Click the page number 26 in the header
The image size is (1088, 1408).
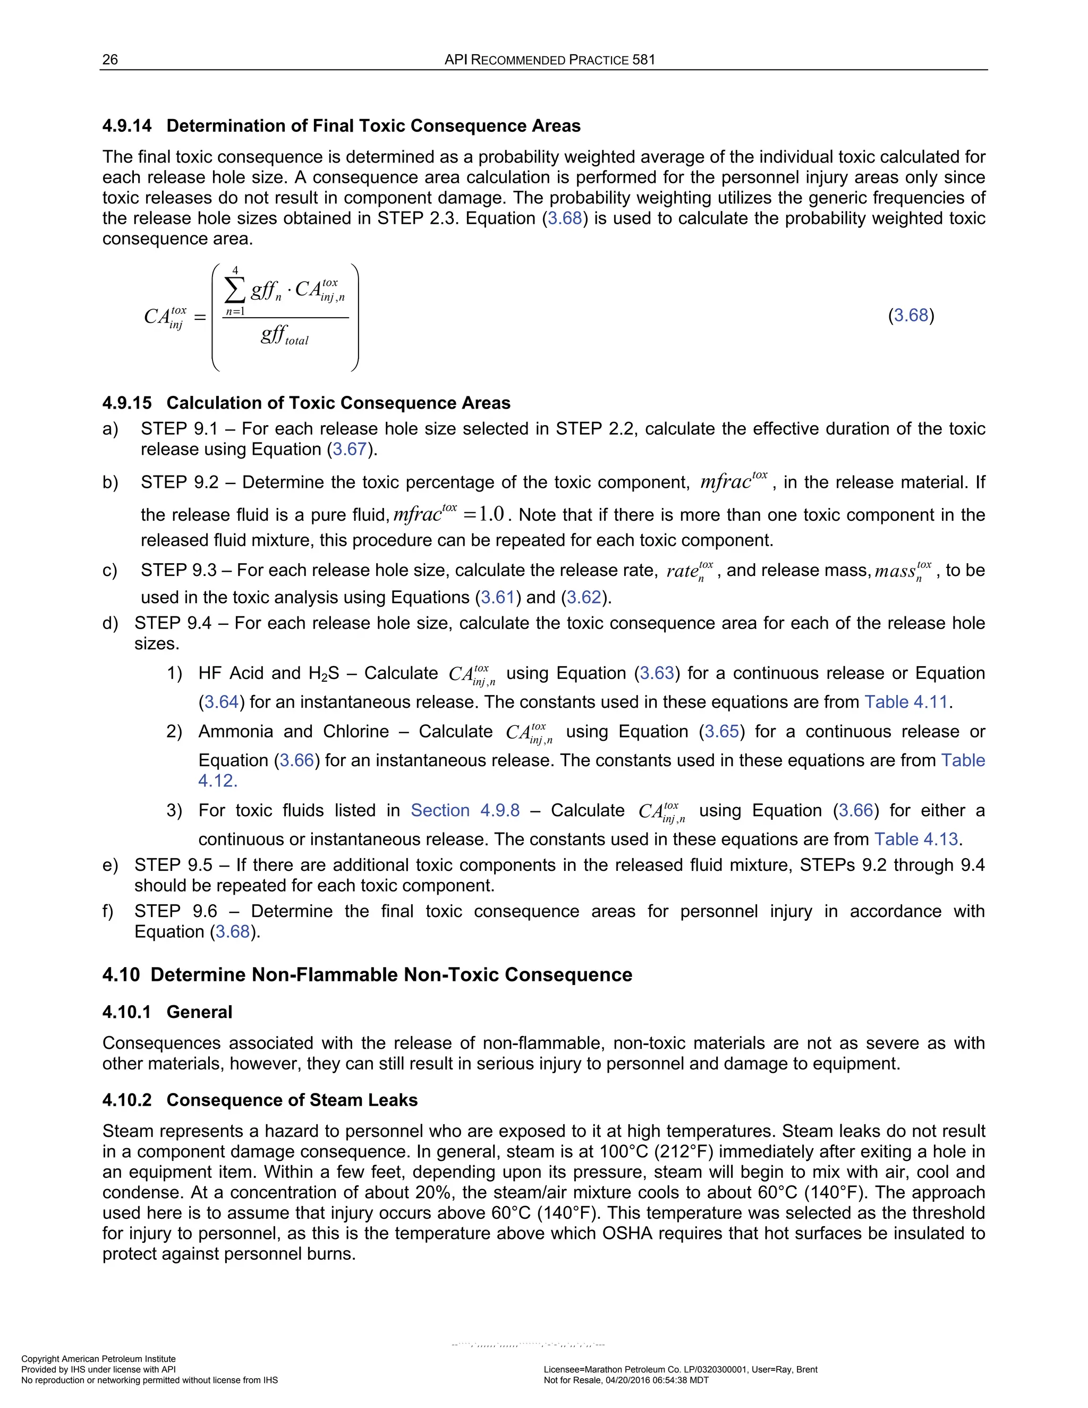coord(110,60)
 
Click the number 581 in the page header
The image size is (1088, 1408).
coord(643,60)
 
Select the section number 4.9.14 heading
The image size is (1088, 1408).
coord(127,126)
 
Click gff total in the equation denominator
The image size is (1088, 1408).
coord(284,335)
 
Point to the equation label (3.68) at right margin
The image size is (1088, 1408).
coord(911,315)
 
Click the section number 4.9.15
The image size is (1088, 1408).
coord(127,403)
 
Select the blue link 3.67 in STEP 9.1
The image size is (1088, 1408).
coord(350,449)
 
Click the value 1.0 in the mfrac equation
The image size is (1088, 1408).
coord(491,514)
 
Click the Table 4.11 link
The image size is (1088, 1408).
coord(906,701)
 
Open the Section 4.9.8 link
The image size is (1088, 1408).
coord(465,810)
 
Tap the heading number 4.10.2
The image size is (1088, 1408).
coord(127,1100)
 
